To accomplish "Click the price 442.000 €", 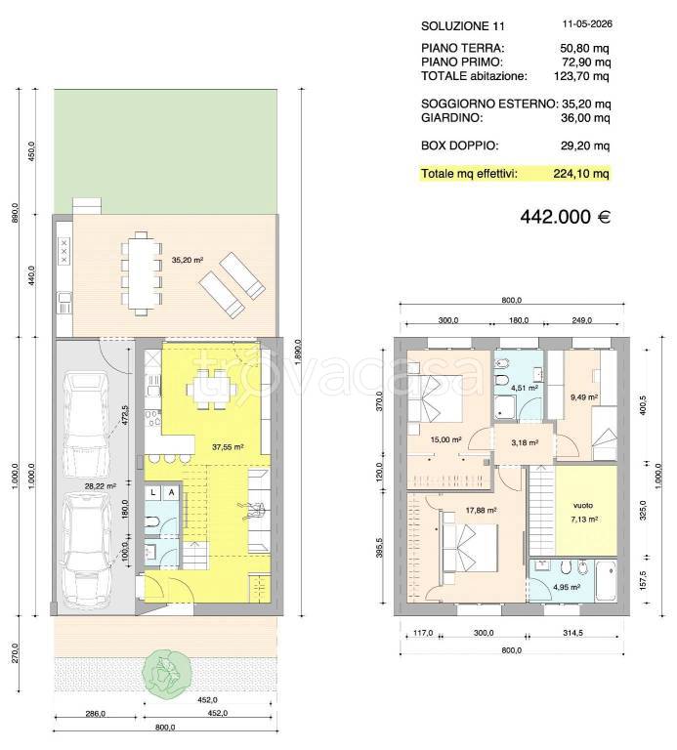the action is click(x=565, y=217).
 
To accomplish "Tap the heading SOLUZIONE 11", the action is click(x=463, y=26).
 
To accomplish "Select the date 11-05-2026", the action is click(x=587, y=23).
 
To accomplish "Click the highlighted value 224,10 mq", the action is click(x=581, y=174).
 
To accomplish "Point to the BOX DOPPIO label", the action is click(x=460, y=146).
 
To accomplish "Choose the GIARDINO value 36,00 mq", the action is click(x=585, y=117).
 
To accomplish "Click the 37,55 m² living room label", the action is click(x=228, y=447).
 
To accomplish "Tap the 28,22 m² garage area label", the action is click(x=100, y=486).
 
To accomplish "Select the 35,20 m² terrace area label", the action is click(x=188, y=260).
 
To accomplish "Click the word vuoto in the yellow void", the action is click(x=583, y=505).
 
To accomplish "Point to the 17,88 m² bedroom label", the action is click(x=481, y=511).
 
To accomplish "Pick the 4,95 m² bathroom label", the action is click(x=567, y=587).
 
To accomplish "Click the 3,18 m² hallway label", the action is click(x=525, y=442).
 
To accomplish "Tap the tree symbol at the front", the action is click(x=166, y=672).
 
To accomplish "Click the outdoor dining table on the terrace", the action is click(x=141, y=273).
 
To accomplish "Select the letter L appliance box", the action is click(x=153, y=492).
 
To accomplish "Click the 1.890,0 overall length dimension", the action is click(x=298, y=353).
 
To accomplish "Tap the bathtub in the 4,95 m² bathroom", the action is click(x=606, y=582).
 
